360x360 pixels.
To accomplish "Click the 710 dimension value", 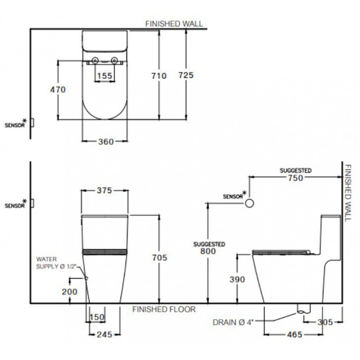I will click(x=159, y=76).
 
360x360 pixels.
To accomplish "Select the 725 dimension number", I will click(x=186, y=75).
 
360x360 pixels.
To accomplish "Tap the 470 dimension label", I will click(x=58, y=90).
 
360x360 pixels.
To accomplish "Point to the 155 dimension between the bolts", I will click(x=105, y=76).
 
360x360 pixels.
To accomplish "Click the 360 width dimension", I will click(x=106, y=141).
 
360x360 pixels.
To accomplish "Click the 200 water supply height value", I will click(x=69, y=292).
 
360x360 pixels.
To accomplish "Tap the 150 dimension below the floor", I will click(x=97, y=317).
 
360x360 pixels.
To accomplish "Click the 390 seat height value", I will click(x=237, y=279).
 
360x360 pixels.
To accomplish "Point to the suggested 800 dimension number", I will click(x=208, y=251).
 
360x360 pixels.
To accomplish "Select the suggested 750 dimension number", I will click(x=296, y=177).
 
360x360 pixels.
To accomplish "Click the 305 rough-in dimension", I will click(x=325, y=322).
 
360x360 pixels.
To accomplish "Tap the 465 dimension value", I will click(x=295, y=335).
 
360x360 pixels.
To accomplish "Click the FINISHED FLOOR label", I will click(x=164, y=309).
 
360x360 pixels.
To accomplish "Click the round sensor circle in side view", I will click(x=249, y=204).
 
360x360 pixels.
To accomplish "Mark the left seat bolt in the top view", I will click(x=96, y=60).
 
